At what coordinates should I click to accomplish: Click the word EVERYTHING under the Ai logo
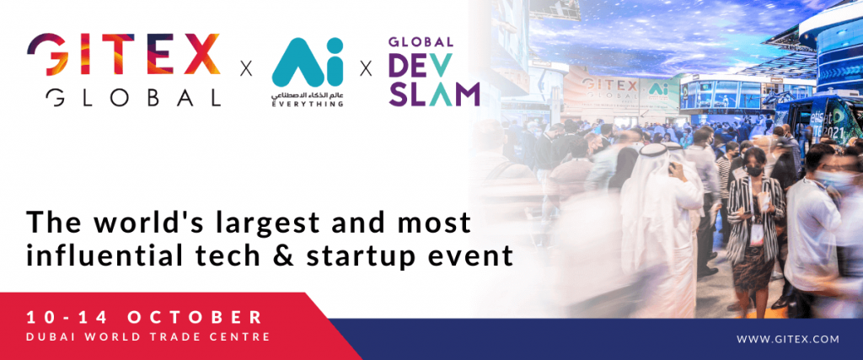pos(308,105)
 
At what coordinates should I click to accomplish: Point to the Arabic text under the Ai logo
pos(308,94)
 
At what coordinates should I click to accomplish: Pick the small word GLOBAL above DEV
pos(421,42)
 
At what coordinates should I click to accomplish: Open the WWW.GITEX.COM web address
pos(788,339)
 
